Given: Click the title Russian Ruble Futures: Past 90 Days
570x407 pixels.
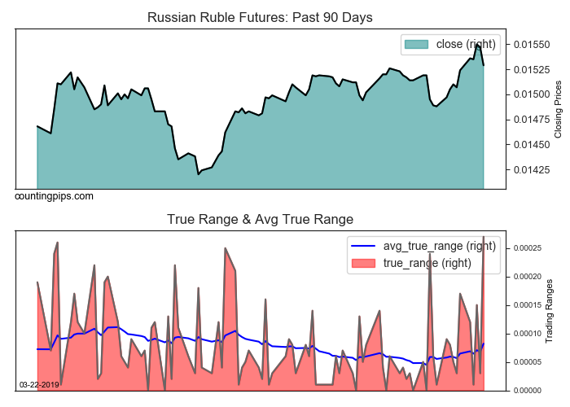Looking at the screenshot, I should point(260,17).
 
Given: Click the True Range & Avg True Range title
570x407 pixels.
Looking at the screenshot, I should point(260,219).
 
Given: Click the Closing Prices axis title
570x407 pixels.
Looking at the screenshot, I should point(558,109).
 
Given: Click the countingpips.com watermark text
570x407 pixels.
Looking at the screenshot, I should point(54,196).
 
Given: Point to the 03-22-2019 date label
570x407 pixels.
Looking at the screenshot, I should point(38,384).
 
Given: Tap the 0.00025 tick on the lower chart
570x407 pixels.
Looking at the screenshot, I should point(530,247).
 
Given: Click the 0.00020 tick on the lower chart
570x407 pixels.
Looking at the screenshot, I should point(530,277).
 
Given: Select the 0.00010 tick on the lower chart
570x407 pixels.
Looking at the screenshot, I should point(530,334).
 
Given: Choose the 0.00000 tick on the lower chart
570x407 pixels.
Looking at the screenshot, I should point(530,391).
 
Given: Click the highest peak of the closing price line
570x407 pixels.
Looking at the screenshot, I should point(477,45).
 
